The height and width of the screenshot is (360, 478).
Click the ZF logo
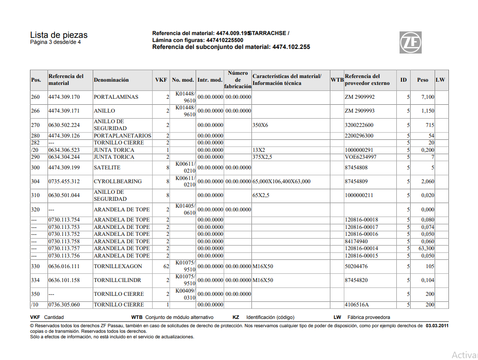tap(410, 42)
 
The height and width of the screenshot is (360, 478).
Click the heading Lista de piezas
tap(59, 35)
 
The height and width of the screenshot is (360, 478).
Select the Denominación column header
tap(111, 80)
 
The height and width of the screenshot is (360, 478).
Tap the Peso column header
tap(423, 80)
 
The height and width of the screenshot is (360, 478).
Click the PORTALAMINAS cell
tap(116, 97)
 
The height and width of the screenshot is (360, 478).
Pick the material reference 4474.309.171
tap(64, 111)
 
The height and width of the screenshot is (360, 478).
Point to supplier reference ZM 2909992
tap(360, 97)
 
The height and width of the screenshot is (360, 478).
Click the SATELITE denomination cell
tap(107, 168)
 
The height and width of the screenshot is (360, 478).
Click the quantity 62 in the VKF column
tap(166, 266)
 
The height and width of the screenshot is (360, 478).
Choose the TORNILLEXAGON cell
tap(118, 266)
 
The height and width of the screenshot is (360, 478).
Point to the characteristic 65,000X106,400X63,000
tap(281, 181)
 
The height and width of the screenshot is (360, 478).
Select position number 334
tap(35, 280)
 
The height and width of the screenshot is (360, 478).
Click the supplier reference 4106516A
tap(357, 305)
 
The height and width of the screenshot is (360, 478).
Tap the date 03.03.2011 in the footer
tap(436, 325)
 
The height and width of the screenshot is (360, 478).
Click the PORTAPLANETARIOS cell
tap(122, 136)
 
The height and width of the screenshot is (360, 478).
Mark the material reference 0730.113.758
tap(64, 241)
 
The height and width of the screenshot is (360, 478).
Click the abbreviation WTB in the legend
tap(137, 318)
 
